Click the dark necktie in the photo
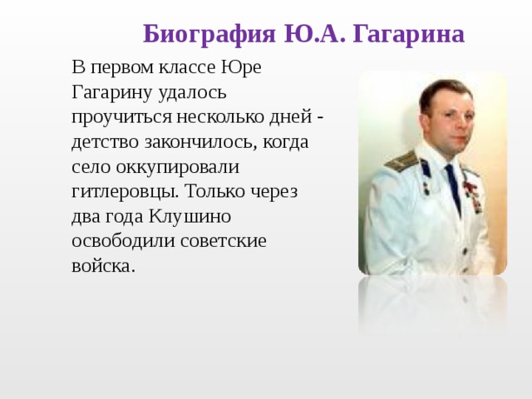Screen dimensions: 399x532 coord(454,187)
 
